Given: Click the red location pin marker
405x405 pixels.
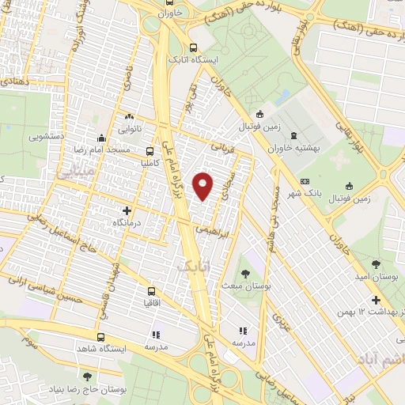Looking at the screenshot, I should [x=203, y=185].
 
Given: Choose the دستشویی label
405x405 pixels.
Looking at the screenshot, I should [x=47, y=135].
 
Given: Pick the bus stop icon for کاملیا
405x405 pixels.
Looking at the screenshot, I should [x=150, y=150].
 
